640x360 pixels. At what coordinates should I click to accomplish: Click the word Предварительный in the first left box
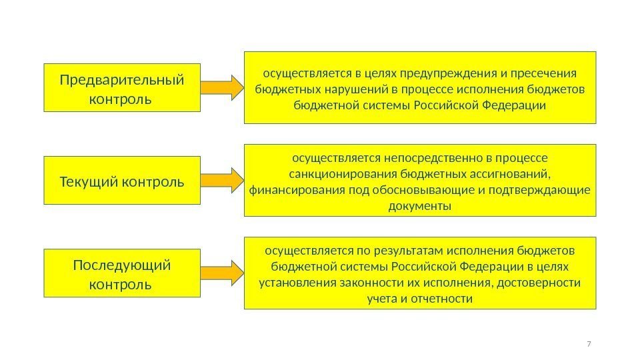point(122,80)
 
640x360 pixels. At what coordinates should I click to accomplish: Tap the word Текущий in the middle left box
point(83,181)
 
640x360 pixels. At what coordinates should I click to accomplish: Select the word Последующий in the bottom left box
point(122,265)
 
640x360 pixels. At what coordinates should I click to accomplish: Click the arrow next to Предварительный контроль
point(222,87)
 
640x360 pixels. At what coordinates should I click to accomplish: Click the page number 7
point(588,343)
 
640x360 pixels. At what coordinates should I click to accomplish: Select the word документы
point(419,207)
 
